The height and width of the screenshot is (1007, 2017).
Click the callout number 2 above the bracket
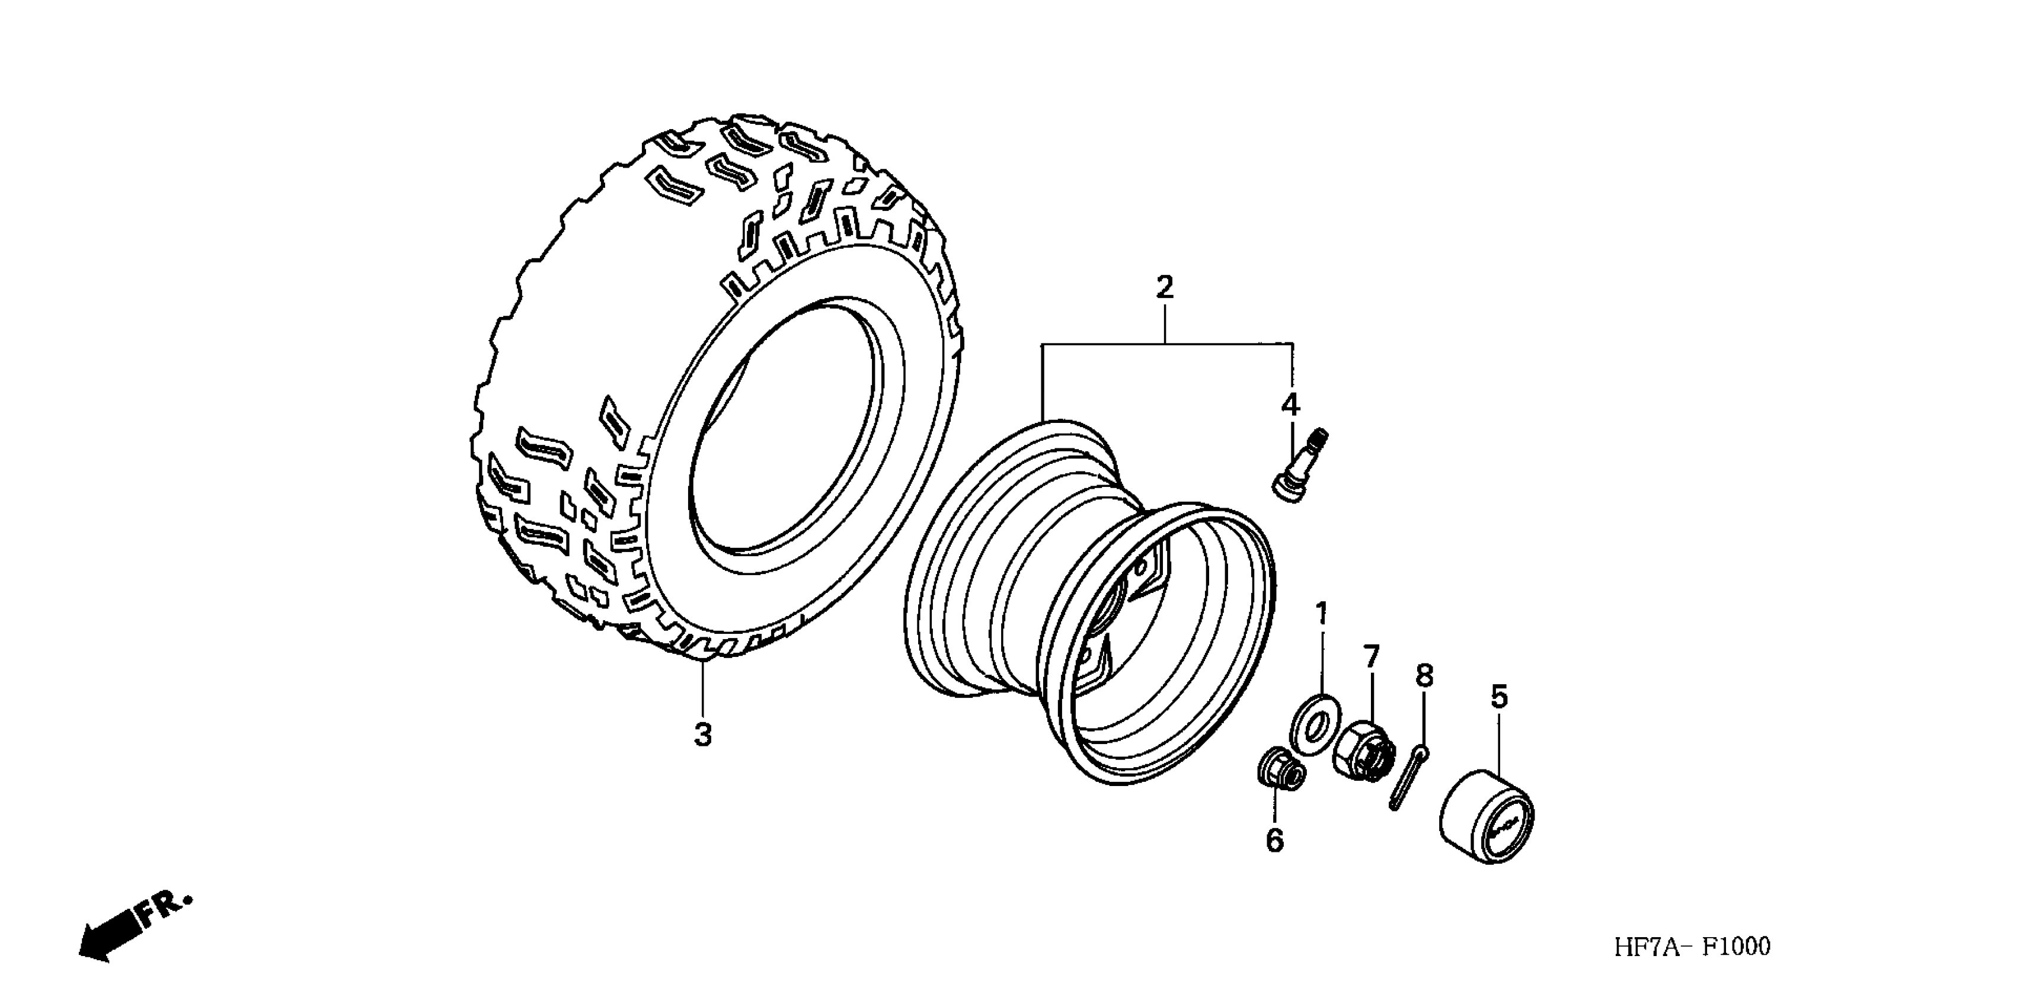(1164, 288)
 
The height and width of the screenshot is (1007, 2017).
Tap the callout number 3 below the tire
(702, 736)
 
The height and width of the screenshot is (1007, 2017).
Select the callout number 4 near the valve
(1290, 405)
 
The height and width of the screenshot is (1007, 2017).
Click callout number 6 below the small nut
(1275, 841)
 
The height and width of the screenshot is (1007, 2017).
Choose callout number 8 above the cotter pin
(1424, 676)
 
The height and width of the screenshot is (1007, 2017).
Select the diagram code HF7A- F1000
(1691, 947)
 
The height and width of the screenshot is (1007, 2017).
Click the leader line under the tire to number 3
(702, 688)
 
